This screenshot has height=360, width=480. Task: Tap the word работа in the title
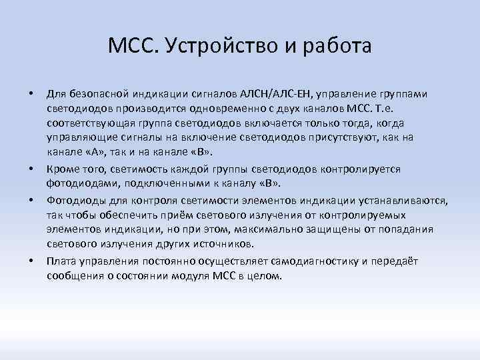point(335,47)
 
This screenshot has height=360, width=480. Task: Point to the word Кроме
point(62,169)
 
